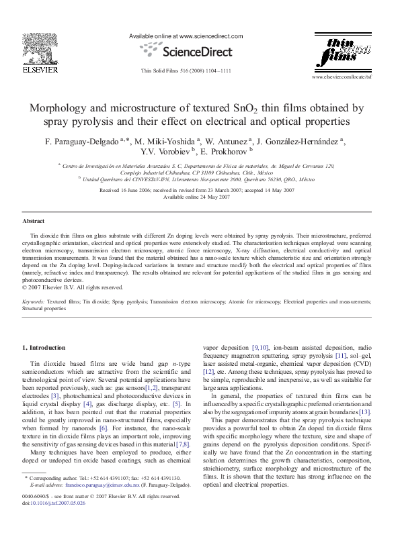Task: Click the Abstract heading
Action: pyautogui.click(x=34, y=220)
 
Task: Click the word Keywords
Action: pyautogui.click(x=34, y=303)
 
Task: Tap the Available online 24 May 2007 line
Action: pyautogui.click(x=199, y=197)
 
